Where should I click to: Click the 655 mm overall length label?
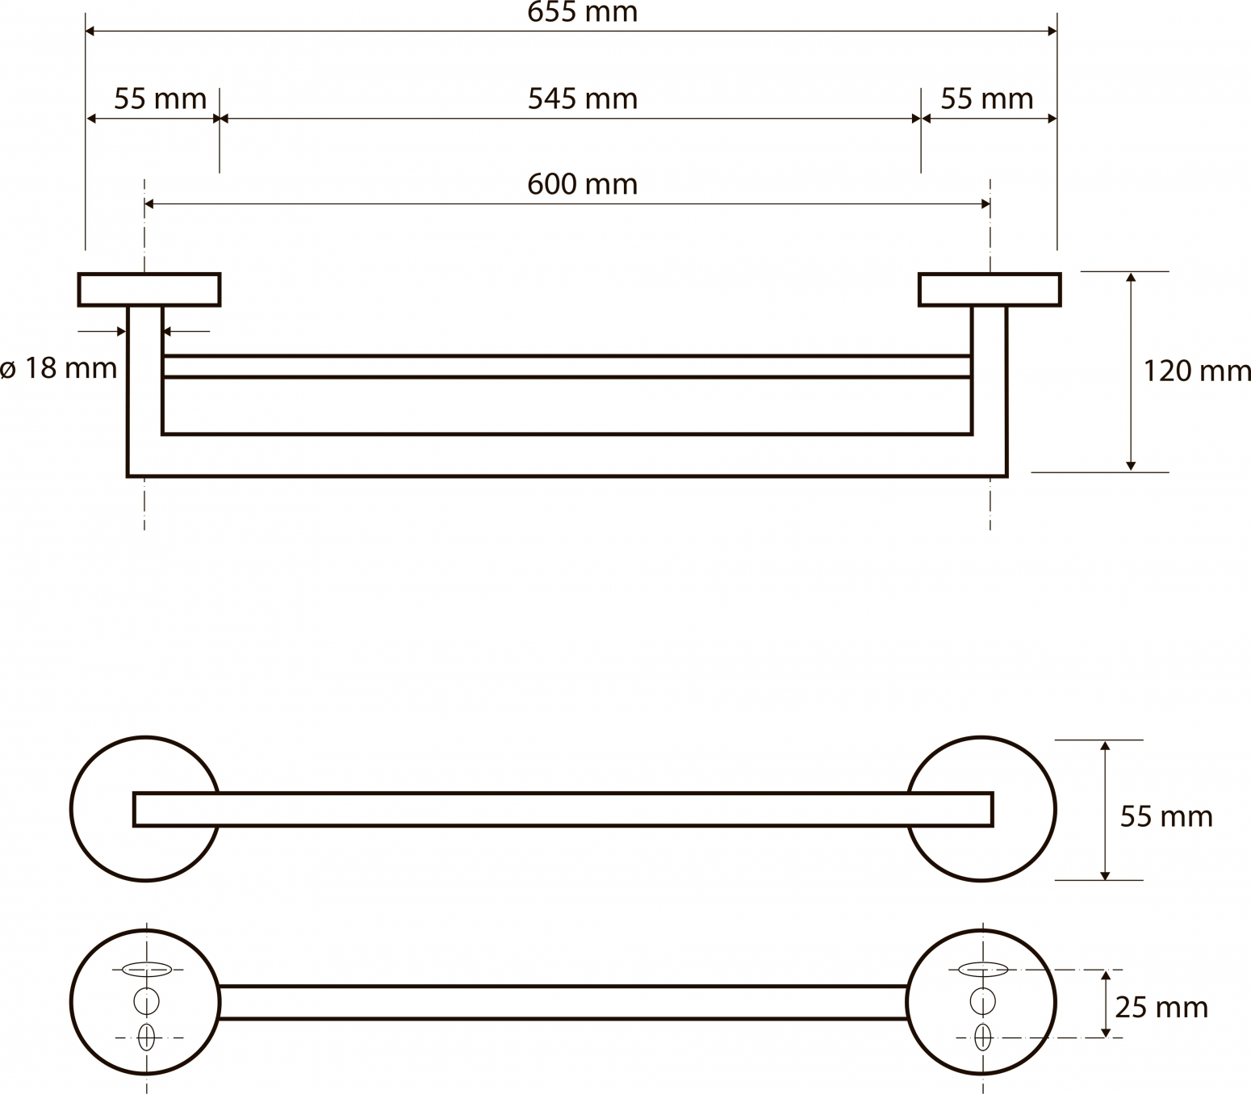tap(582, 12)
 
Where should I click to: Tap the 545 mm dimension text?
tap(583, 99)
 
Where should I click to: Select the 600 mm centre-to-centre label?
tap(582, 184)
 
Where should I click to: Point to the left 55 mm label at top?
tap(160, 99)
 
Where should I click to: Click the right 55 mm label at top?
tap(987, 99)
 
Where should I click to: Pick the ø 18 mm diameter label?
tap(58, 369)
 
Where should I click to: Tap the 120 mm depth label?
tap(1197, 371)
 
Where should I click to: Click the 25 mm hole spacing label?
tap(1161, 1007)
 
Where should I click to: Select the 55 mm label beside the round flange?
tap(1166, 816)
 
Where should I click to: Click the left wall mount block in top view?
tap(149, 289)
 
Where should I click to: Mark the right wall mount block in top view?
tap(990, 289)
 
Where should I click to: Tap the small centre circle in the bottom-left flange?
tap(146, 1001)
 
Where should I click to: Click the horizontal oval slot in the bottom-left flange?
tap(147, 969)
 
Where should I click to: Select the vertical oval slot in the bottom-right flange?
tap(982, 1037)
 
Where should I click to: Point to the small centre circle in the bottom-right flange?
tap(982, 1001)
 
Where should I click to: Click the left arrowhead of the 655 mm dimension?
tap(90, 31)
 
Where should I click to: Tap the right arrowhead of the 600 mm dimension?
tap(985, 203)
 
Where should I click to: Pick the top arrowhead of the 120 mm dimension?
tap(1131, 278)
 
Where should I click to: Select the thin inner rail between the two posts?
tap(567, 367)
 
